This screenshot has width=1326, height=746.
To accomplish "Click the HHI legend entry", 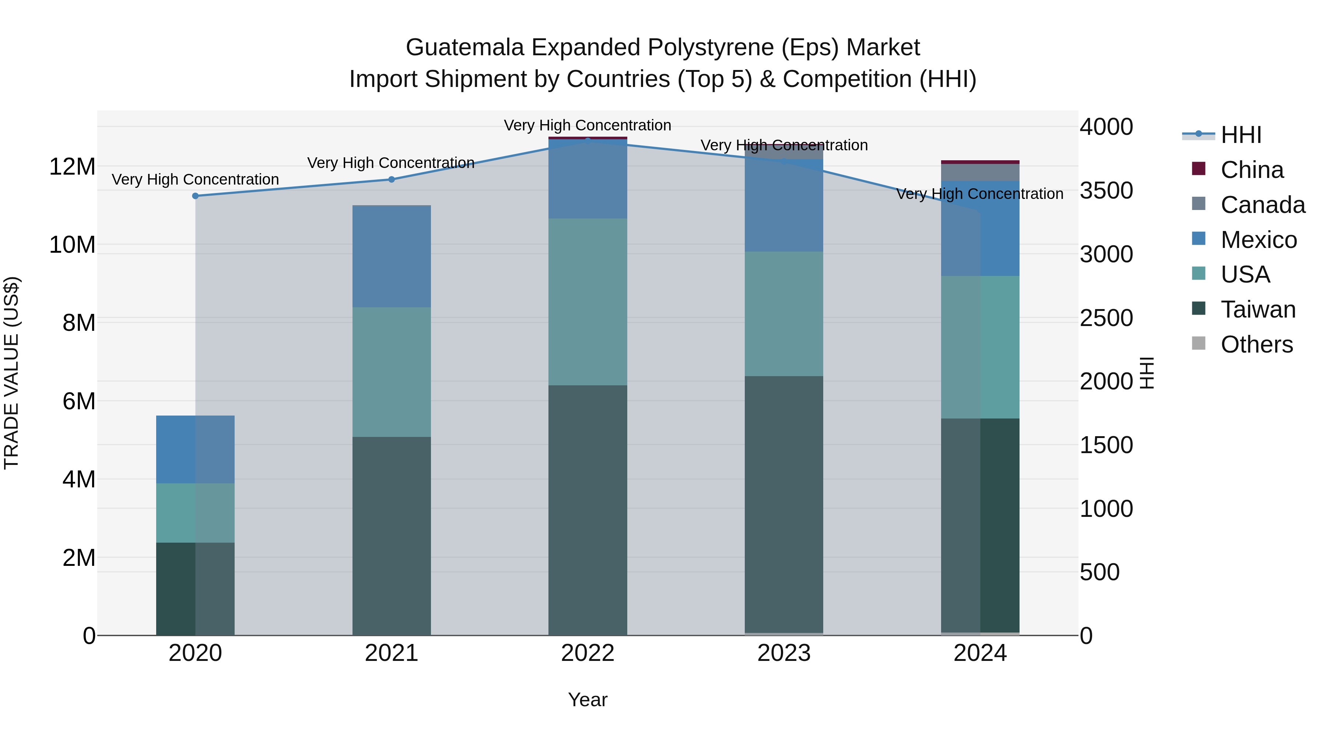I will (x=1240, y=135).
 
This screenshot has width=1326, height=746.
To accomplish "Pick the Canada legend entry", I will (x=1262, y=205).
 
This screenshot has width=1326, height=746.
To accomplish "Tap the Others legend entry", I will (x=1256, y=344).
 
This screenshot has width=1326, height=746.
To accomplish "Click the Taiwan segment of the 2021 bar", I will (x=391, y=535).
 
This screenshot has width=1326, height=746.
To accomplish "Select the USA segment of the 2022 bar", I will (x=587, y=302).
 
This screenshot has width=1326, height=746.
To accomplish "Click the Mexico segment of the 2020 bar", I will (x=195, y=449).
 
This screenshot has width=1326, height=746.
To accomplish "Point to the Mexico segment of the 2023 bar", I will (x=783, y=206).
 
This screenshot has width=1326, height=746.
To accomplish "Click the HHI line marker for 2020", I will (x=195, y=196).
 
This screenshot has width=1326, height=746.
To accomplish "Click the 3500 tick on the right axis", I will (x=1106, y=190).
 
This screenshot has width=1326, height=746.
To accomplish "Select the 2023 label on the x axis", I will (x=783, y=653).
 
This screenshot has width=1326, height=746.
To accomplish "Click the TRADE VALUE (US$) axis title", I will (x=11, y=373).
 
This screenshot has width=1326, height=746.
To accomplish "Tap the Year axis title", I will (x=587, y=700).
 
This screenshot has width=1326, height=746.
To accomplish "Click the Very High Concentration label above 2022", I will (x=587, y=125).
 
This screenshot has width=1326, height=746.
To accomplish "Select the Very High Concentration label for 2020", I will (x=195, y=179).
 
